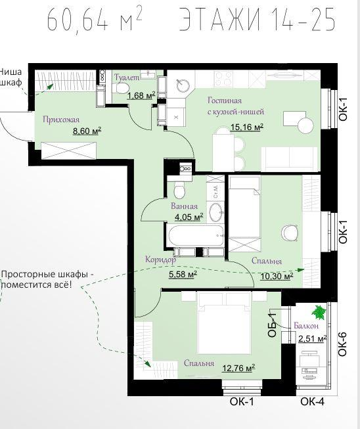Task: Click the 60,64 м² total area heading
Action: pyautogui.click(x=95, y=18)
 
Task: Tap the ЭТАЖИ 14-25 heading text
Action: pyautogui.click(x=258, y=18)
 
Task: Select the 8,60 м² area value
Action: pyautogui.click(x=87, y=131)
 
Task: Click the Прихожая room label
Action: pyautogui.click(x=61, y=120)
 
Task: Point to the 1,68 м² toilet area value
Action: pyautogui.click(x=141, y=95)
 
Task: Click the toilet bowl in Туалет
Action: pyautogui.click(x=121, y=88)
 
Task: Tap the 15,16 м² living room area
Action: pyautogui.click(x=247, y=127)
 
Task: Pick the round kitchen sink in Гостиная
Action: pyautogui.click(x=183, y=85)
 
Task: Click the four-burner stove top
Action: pyautogui.click(x=223, y=79)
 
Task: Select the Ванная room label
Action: pyautogui.click(x=184, y=206)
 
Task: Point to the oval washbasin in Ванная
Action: pyautogui.click(x=216, y=212)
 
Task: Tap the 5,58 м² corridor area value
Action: pyautogui.click(x=183, y=274)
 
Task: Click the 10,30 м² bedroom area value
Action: pyautogui.click(x=277, y=276)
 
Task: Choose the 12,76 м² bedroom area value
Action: pyautogui.click(x=238, y=368)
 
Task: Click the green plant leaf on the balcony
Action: pyautogui.click(x=319, y=312)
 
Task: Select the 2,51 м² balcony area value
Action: pyautogui.click(x=313, y=339)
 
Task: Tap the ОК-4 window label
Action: pyautogui.click(x=313, y=401)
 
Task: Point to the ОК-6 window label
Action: pyautogui.click(x=342, y=344)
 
